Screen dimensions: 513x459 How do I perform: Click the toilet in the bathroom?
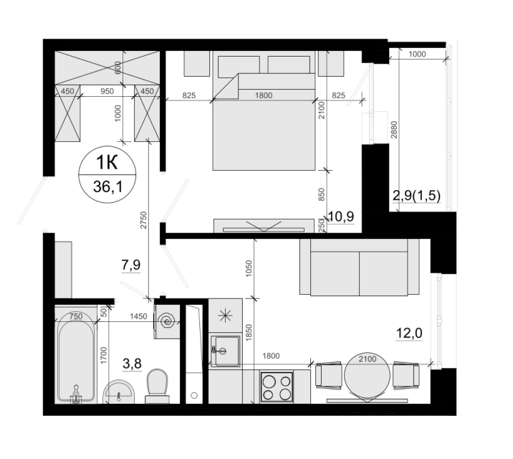pos(158,387)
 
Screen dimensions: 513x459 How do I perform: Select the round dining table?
pos(368,375)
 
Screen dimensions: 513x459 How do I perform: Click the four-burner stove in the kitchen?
pos(277,387)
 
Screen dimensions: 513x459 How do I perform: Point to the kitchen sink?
pos(225,351)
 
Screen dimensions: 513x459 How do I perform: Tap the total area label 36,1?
pos(107,187)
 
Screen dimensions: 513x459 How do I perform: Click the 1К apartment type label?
pos(107,162)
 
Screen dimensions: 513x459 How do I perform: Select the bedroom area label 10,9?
pos(341,217)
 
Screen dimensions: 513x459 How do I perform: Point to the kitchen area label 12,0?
pos(409,333)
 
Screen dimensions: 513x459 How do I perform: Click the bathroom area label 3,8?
pos(132,363)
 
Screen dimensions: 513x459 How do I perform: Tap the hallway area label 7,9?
pos(131,265)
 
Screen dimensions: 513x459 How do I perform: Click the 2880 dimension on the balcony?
pos(394,130)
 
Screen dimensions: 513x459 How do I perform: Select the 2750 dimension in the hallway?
pos(143,220)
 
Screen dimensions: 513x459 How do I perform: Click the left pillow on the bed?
pos(239,65)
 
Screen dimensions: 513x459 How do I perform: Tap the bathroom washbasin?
pos(118,392)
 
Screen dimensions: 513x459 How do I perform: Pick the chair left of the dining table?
pos(328,375)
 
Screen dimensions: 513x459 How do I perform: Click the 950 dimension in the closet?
pos(107,91)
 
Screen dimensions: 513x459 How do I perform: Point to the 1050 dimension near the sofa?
pos(249,268)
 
